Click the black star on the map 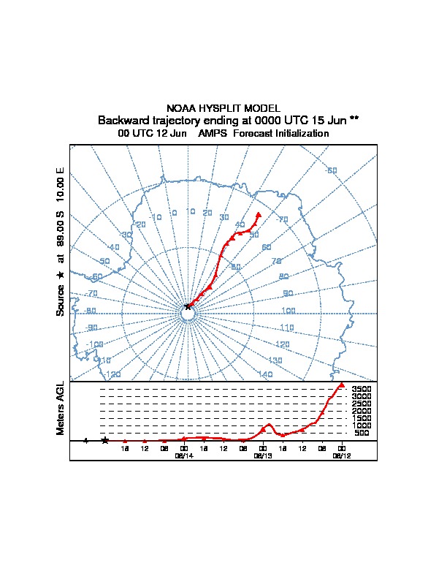pyautogui.click(x=188, y=307)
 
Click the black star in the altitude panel pyautogui.click(x=105, y=440)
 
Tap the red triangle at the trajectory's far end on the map pyautogui.click(x=259, y=215)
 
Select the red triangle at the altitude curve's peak pyautogui.click(x=341, y=385)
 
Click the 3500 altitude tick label pyautogui.click(x=362, y=390)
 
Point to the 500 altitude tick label pyautogui.click(x=362, y=433)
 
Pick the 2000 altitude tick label pyautogui.click(x=362, y=411)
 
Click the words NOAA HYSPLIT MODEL pyautogui.click(x=223, y=108)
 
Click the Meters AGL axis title pyautogui.click(x=61, y=409)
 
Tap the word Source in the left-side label pyautogui.click(x=61, y=300)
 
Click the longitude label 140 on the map pyautogui.click(x=266, y=374)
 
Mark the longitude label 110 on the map pyautogui.click(x=286, y=328)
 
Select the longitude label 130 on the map pyautogui.click(x=275, y=360)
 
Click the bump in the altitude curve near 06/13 pyautogui.click(x=269, y=424)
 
